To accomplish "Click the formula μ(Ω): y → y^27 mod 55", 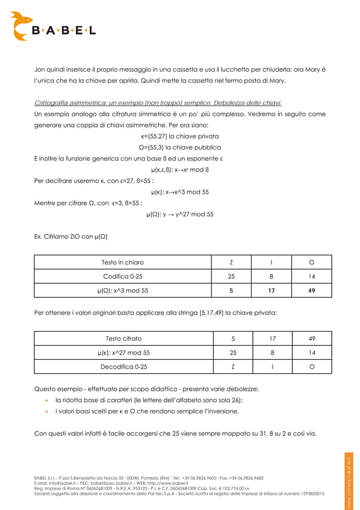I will [180, 214].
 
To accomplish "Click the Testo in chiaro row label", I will [122, 262].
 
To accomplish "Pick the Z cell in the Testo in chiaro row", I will [231, 262].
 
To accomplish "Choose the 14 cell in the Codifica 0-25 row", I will [311, 276].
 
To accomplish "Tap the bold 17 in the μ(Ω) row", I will [271, 290].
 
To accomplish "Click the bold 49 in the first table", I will [311, 290].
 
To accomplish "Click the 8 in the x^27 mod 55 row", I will [271, 352].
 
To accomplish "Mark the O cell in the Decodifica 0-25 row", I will [311, 367].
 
